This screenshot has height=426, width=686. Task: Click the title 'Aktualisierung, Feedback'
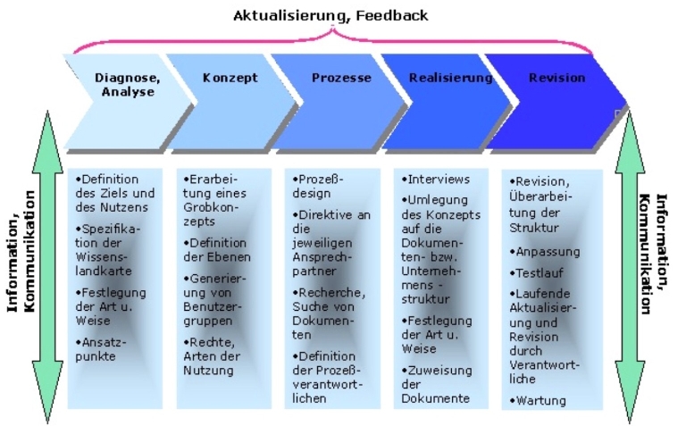tap(330, 16)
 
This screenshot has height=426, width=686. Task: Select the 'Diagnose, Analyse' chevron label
tap(128, 85)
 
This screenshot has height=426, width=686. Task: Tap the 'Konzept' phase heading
tap(230, 78)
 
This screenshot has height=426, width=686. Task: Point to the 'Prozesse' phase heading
tap(341, 78)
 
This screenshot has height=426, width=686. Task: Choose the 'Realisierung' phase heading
tap(450, 78)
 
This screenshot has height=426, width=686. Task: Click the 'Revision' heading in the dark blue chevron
tap(557, 78)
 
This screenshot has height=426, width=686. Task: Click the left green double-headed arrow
tap(47, 267)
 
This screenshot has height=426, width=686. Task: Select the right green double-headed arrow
tap(630, 267)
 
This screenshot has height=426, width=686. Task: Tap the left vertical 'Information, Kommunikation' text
tap(21, 252)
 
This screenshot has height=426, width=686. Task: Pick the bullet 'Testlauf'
tap(536, 273)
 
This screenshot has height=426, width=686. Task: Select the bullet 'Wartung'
tap(538, 400)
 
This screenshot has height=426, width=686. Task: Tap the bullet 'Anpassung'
tap(545, 252)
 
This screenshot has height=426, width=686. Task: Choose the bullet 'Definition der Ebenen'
tap(217, 250)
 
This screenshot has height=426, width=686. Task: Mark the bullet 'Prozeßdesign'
tap(318, 187)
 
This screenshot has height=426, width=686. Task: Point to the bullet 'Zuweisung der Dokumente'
tap(437, 384)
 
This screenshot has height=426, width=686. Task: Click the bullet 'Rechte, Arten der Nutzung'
tap(212, 356)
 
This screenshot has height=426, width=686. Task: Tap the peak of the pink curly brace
tap(333, 28)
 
